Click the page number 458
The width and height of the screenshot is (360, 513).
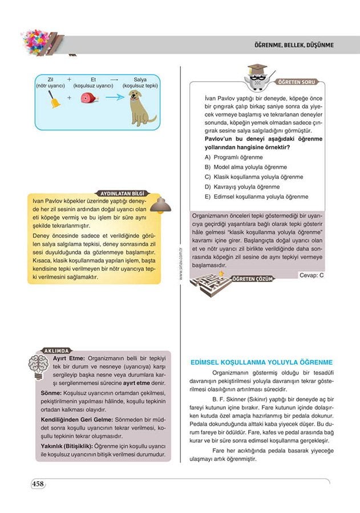click(x=38, y=484)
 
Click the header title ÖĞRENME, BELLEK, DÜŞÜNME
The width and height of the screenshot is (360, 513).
click(x=294, y=45)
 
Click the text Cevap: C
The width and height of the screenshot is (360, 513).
click(x=311, y=275)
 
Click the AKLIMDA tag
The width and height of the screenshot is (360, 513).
click(x=56, y=350)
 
